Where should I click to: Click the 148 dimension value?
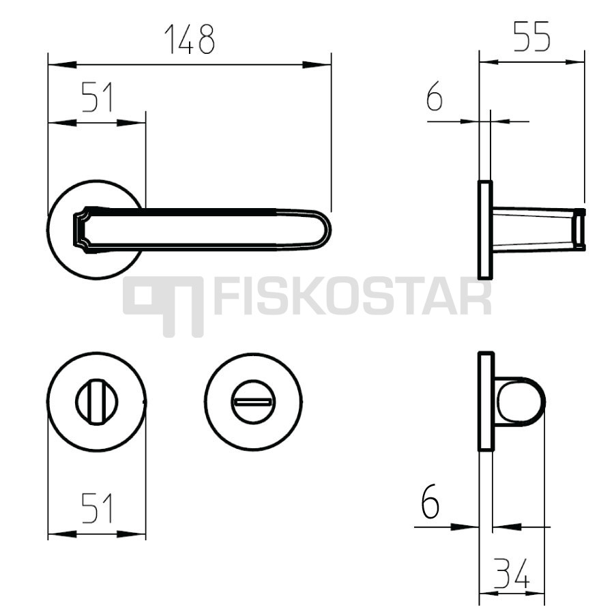[190, 39]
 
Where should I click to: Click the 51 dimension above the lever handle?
[97, 97]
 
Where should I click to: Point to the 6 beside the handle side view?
[435, 96]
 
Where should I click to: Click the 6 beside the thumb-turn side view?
[430, 501]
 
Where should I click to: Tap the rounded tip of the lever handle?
[326, 229]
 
